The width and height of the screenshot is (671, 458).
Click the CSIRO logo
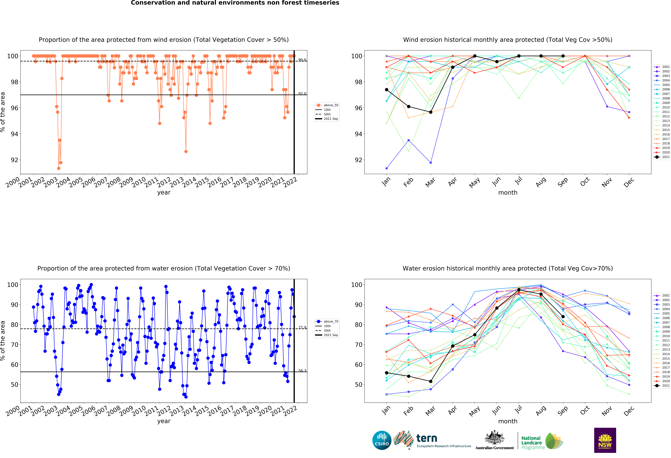382,440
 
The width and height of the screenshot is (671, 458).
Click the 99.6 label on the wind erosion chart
302,60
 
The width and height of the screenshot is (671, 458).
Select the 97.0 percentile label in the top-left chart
302,94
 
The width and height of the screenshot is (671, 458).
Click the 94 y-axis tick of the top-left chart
14,134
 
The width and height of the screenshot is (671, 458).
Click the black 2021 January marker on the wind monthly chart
387,90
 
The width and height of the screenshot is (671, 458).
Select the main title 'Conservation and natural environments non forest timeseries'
235,3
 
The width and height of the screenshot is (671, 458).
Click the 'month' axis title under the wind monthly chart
508,193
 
